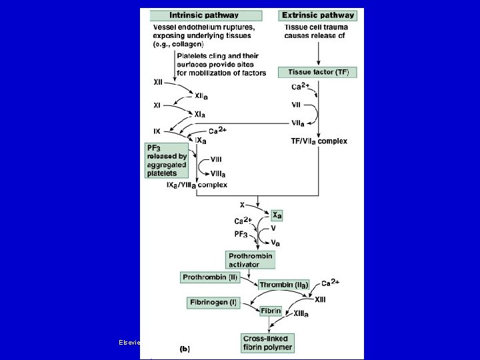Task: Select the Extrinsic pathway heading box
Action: (x=319, y=15)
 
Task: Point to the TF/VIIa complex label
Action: (x=319, y=141)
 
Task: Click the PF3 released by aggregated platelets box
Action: (x=166, y=160)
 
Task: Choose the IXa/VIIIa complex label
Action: (x=197, y=185)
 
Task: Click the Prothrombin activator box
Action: (x=251, y=260)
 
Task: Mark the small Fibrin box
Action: (x=271, y=311)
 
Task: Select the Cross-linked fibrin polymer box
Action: (x=269, y=343)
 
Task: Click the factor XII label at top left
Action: (x=159, y=83)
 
